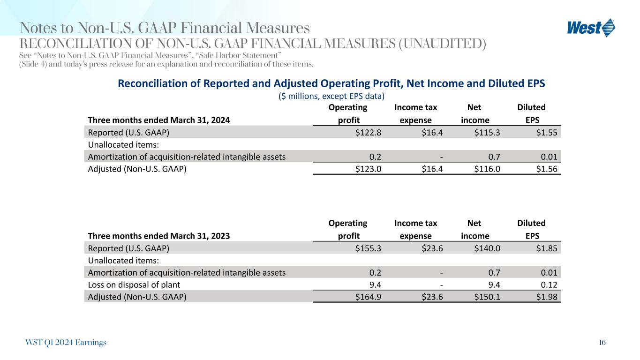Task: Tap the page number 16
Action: coord(602,343)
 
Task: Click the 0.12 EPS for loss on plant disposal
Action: coord(549,284)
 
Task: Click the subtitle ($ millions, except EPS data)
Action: coord(331,96)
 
